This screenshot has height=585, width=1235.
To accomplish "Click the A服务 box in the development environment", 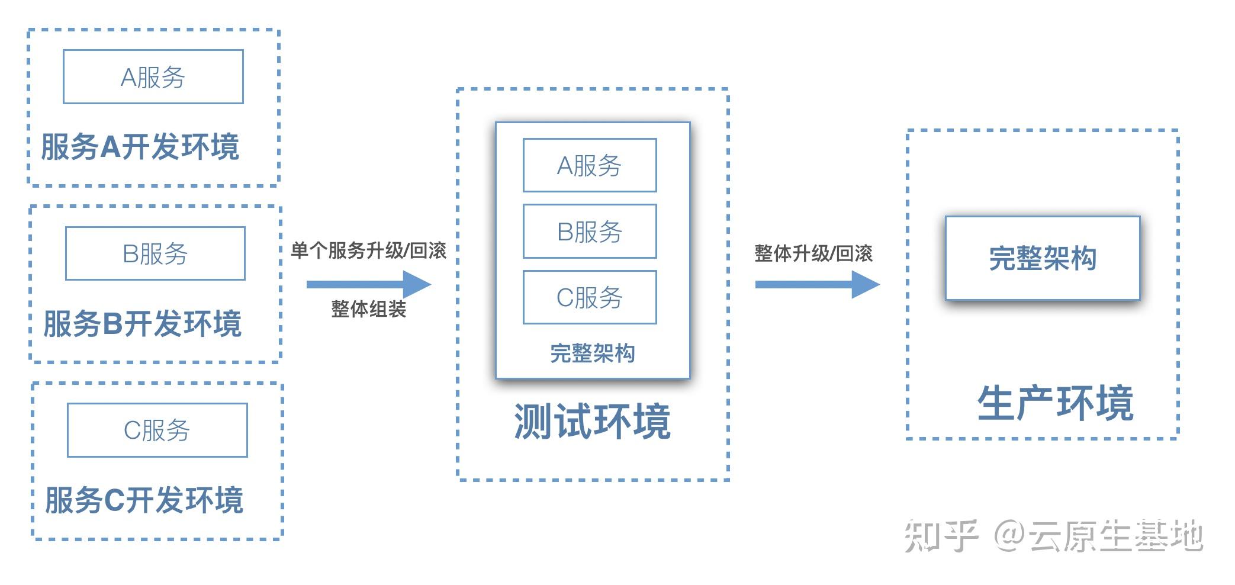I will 153,77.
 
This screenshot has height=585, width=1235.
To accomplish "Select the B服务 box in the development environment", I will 155,253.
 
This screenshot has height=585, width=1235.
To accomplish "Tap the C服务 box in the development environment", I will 157,430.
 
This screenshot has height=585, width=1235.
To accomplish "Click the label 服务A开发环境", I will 140,147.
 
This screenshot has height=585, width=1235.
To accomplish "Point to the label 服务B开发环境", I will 142,324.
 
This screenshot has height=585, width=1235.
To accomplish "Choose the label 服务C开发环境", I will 144,500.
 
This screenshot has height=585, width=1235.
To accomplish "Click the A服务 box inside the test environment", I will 590,165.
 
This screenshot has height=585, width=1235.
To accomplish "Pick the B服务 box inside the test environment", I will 590,232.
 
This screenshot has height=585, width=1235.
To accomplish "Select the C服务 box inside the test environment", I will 590,297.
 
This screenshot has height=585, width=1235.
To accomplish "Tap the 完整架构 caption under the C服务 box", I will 593,353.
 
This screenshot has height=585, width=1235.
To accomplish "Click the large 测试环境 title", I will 592,422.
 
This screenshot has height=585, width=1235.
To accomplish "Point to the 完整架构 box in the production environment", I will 1043,258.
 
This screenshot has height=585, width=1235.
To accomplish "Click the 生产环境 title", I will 1055,404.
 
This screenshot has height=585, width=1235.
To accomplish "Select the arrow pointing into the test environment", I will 368,284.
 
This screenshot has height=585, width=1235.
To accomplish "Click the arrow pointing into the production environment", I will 817,284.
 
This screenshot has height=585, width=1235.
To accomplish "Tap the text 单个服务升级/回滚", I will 368,250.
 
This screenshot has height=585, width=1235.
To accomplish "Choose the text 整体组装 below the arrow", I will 368,309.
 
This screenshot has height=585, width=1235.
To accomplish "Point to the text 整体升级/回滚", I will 813,253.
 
